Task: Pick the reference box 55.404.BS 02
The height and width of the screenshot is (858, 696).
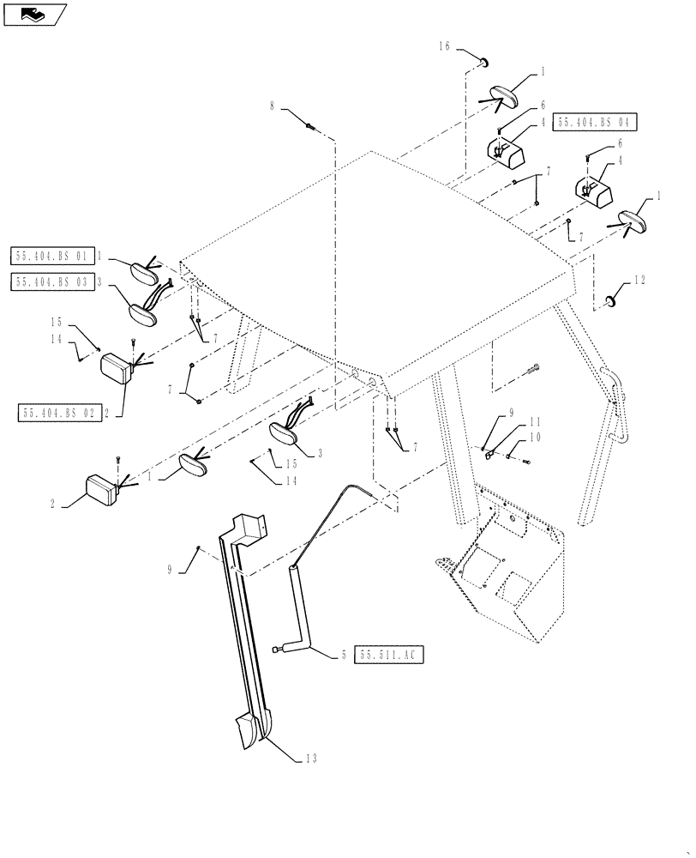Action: [x=57, y=413]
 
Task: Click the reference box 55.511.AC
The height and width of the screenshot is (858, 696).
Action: [x=388, y=655]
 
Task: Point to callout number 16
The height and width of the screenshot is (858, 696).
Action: [x=445, y=49]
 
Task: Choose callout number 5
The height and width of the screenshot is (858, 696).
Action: [x=343, y=655]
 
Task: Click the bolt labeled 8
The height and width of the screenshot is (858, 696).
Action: [x=310, y=127]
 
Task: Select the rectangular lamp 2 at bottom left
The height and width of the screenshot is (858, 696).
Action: [x=100, y=491]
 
